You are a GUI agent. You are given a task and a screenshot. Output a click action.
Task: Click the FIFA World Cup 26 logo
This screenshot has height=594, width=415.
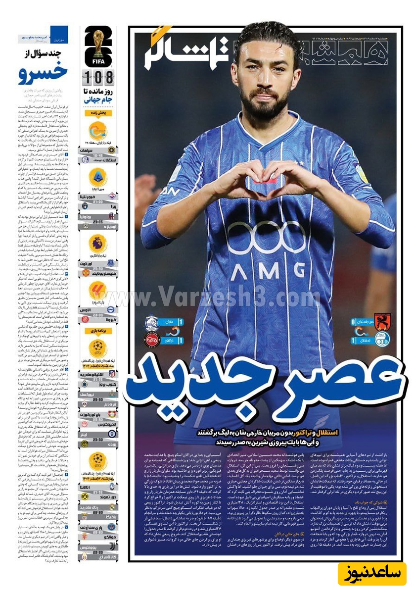pyautogui.click(x=98, y=47)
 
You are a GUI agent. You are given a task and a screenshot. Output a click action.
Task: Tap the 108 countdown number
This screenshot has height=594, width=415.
pyautogui.click(x=98, y=77)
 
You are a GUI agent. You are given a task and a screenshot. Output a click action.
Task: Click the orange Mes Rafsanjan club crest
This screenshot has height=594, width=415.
pyautogui.click(x=382, y=322)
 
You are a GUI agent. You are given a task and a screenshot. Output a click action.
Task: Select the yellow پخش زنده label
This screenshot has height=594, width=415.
pyautogui.click(x=98, y=113)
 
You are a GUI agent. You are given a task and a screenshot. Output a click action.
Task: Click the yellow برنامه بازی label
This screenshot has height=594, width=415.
pyautogui.click(x=98, y=330)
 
